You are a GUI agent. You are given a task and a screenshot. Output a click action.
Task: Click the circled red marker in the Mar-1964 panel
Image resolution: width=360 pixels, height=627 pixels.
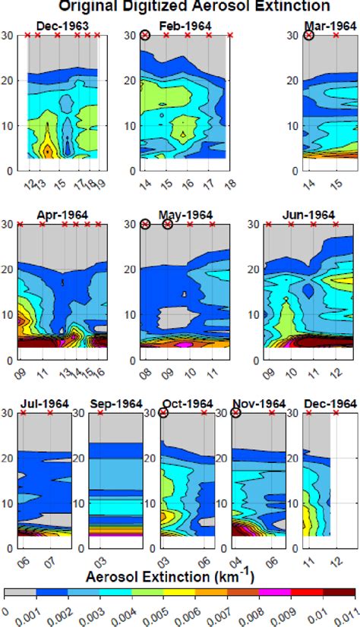309,36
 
